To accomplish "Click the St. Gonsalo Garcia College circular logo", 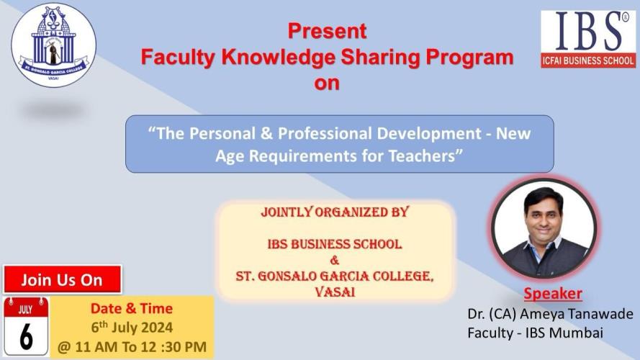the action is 53,45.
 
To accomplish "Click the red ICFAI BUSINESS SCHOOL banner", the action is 588,60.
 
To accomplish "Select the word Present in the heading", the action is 328,31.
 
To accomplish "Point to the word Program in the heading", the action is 469,58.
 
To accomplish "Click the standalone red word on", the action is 327,83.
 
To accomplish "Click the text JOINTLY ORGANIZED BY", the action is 335,212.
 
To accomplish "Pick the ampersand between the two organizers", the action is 334,260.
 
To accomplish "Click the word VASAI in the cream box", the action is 335,292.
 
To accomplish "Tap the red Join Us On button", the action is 63,279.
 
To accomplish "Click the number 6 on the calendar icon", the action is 26,336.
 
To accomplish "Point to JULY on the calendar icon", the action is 25,310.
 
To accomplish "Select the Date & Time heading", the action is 132,308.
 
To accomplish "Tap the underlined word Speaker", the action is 553,294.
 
